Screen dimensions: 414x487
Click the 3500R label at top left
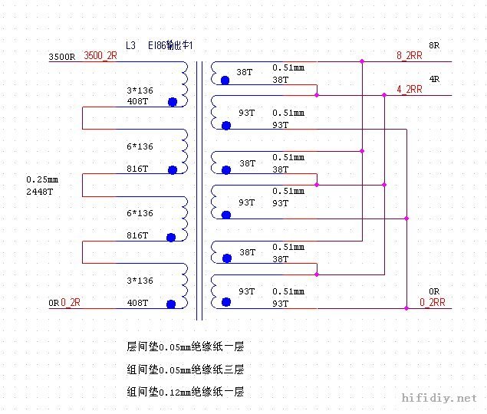click(61, 57)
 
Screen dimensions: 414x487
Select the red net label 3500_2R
click(100, 55)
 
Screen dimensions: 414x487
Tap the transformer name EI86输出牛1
click(170, 46)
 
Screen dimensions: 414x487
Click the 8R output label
click(434, 45)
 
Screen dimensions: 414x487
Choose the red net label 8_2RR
click(409, 55)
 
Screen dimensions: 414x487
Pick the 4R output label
click(434, 79)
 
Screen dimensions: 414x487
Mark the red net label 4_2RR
click(409, 89)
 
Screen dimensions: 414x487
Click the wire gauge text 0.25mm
click(42, 179)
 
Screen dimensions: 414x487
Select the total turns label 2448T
click(40, 191)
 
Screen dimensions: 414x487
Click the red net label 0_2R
click(71, 303)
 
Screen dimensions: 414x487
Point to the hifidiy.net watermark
click(439, 399)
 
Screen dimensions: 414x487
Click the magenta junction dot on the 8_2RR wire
click(362, 61)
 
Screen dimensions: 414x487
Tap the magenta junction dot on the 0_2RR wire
click(406, 308)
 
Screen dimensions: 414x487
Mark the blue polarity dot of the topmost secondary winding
click(225, 80)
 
